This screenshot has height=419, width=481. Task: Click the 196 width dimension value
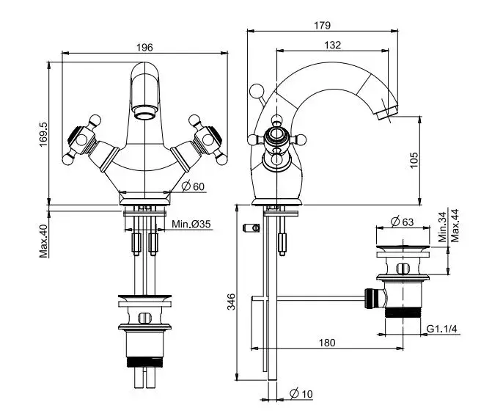pyautogui.click(x=144, y=47)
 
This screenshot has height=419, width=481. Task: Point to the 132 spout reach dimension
pyautogui.click(x=332, y=45)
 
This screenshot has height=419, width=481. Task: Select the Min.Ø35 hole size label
pyautogui.click(x=191, y=223)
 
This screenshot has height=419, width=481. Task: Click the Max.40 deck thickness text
pyautogui.click(x=43, y=240)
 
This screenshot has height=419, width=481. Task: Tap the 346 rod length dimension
pyautogui.click(x=231, y=300)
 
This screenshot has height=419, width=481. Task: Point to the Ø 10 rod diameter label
pyautogui.click(x=301, y=394)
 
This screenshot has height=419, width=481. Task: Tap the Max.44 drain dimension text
pyautogui.click(x=455, y=226)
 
